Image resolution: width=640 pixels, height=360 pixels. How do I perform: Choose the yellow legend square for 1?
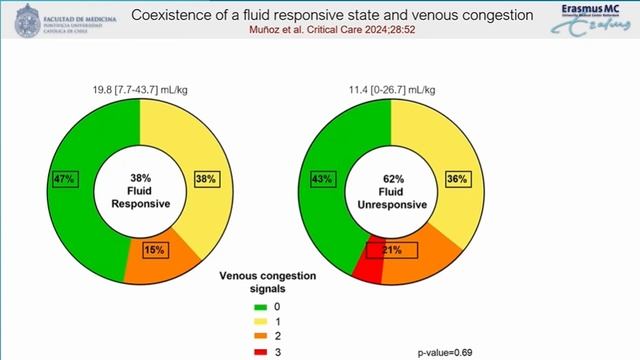pyautogui.click(x=259, y=323)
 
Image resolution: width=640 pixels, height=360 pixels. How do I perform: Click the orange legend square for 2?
pyautogui.click(x=259, y=338)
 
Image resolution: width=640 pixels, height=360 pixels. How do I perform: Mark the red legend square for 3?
pyautogui.click(x=259, y=352)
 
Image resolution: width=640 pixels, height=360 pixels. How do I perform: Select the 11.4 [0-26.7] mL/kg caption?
pyautogui.click(x=388, y=90)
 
